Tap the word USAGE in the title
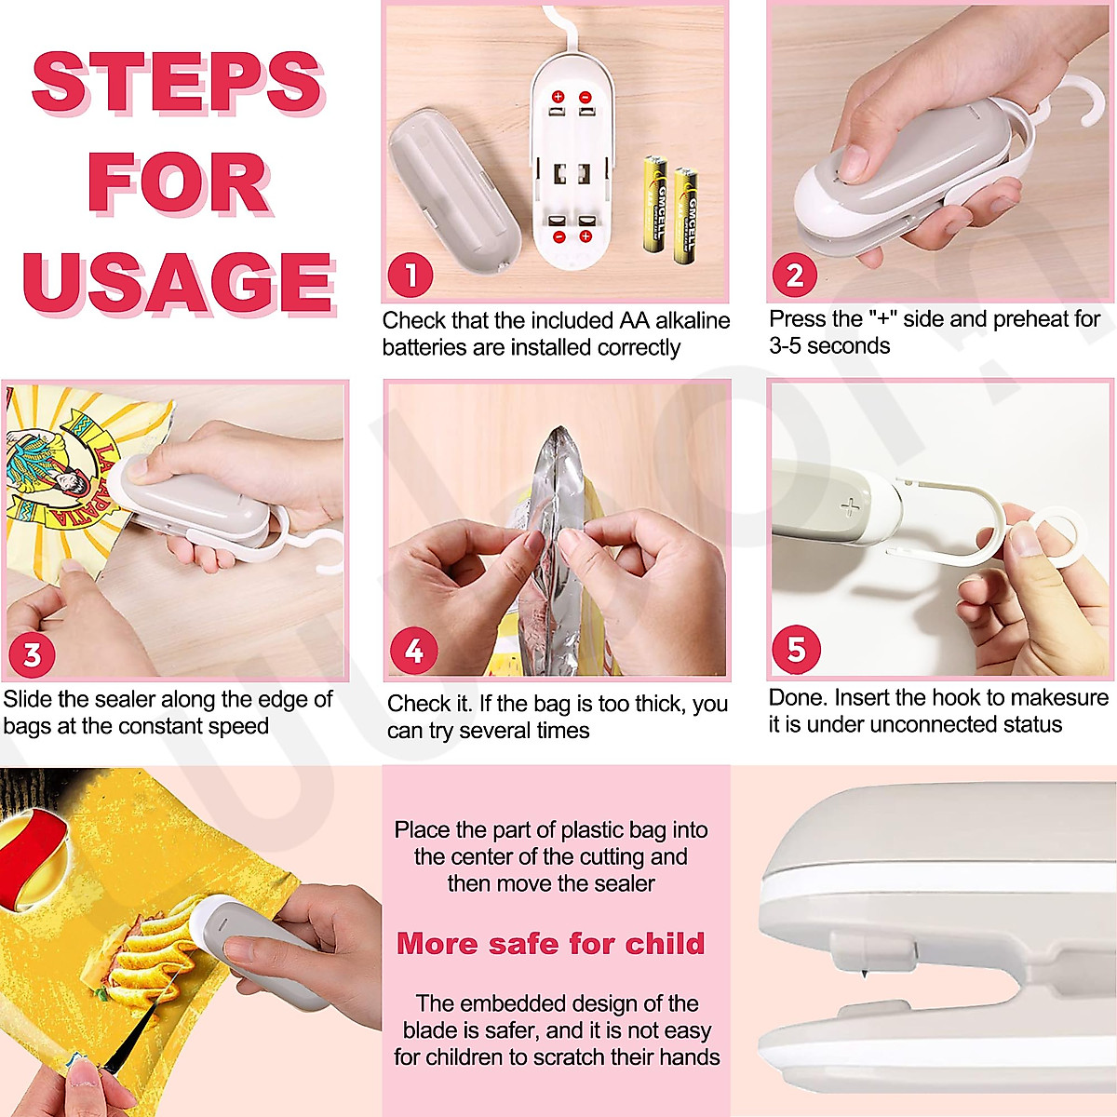click(x=180, y=283)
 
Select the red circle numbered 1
click(x=410, y=276)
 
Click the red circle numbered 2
click(x=795, y=276)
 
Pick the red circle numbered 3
click(x=32, y=655)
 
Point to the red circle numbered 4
click(x=414, y=651)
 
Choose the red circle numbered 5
click(x=797, y=649)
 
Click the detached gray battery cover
click(x=454, y=192)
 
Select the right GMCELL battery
click(x=686, y=215)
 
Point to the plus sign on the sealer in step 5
click(x=851, y=506)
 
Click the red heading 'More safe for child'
click(x=551, y=944)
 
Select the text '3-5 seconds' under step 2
click(x=829, y=346)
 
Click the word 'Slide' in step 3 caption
click(x=28, y=699)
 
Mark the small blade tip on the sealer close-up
click(x=864, y=973)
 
